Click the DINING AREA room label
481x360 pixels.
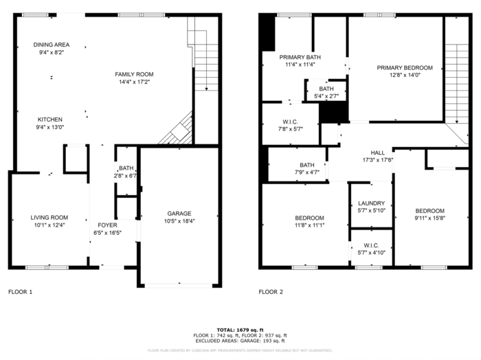point(52,45)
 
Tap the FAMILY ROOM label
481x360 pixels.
point(133,74)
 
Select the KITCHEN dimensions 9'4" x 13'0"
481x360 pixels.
point(50,126)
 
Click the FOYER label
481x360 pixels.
point(107,225)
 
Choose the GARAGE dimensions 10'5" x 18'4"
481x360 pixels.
point(179,221)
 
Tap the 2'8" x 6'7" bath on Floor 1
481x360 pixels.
point(126,176)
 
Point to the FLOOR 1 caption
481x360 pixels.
point(20,292)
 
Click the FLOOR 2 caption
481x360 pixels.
point(271,292)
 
